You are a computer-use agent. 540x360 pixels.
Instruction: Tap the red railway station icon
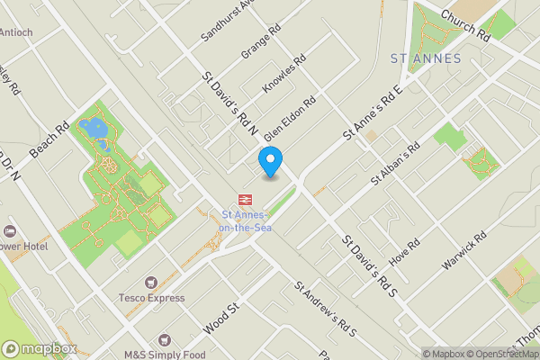(244, 199)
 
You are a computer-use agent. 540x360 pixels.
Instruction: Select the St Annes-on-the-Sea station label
(244, 220)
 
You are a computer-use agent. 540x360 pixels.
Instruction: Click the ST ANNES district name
(426, 58)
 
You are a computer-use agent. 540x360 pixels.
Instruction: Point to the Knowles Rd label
(284, 75)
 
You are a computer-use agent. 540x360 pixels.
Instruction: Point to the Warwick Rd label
(464, 251)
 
